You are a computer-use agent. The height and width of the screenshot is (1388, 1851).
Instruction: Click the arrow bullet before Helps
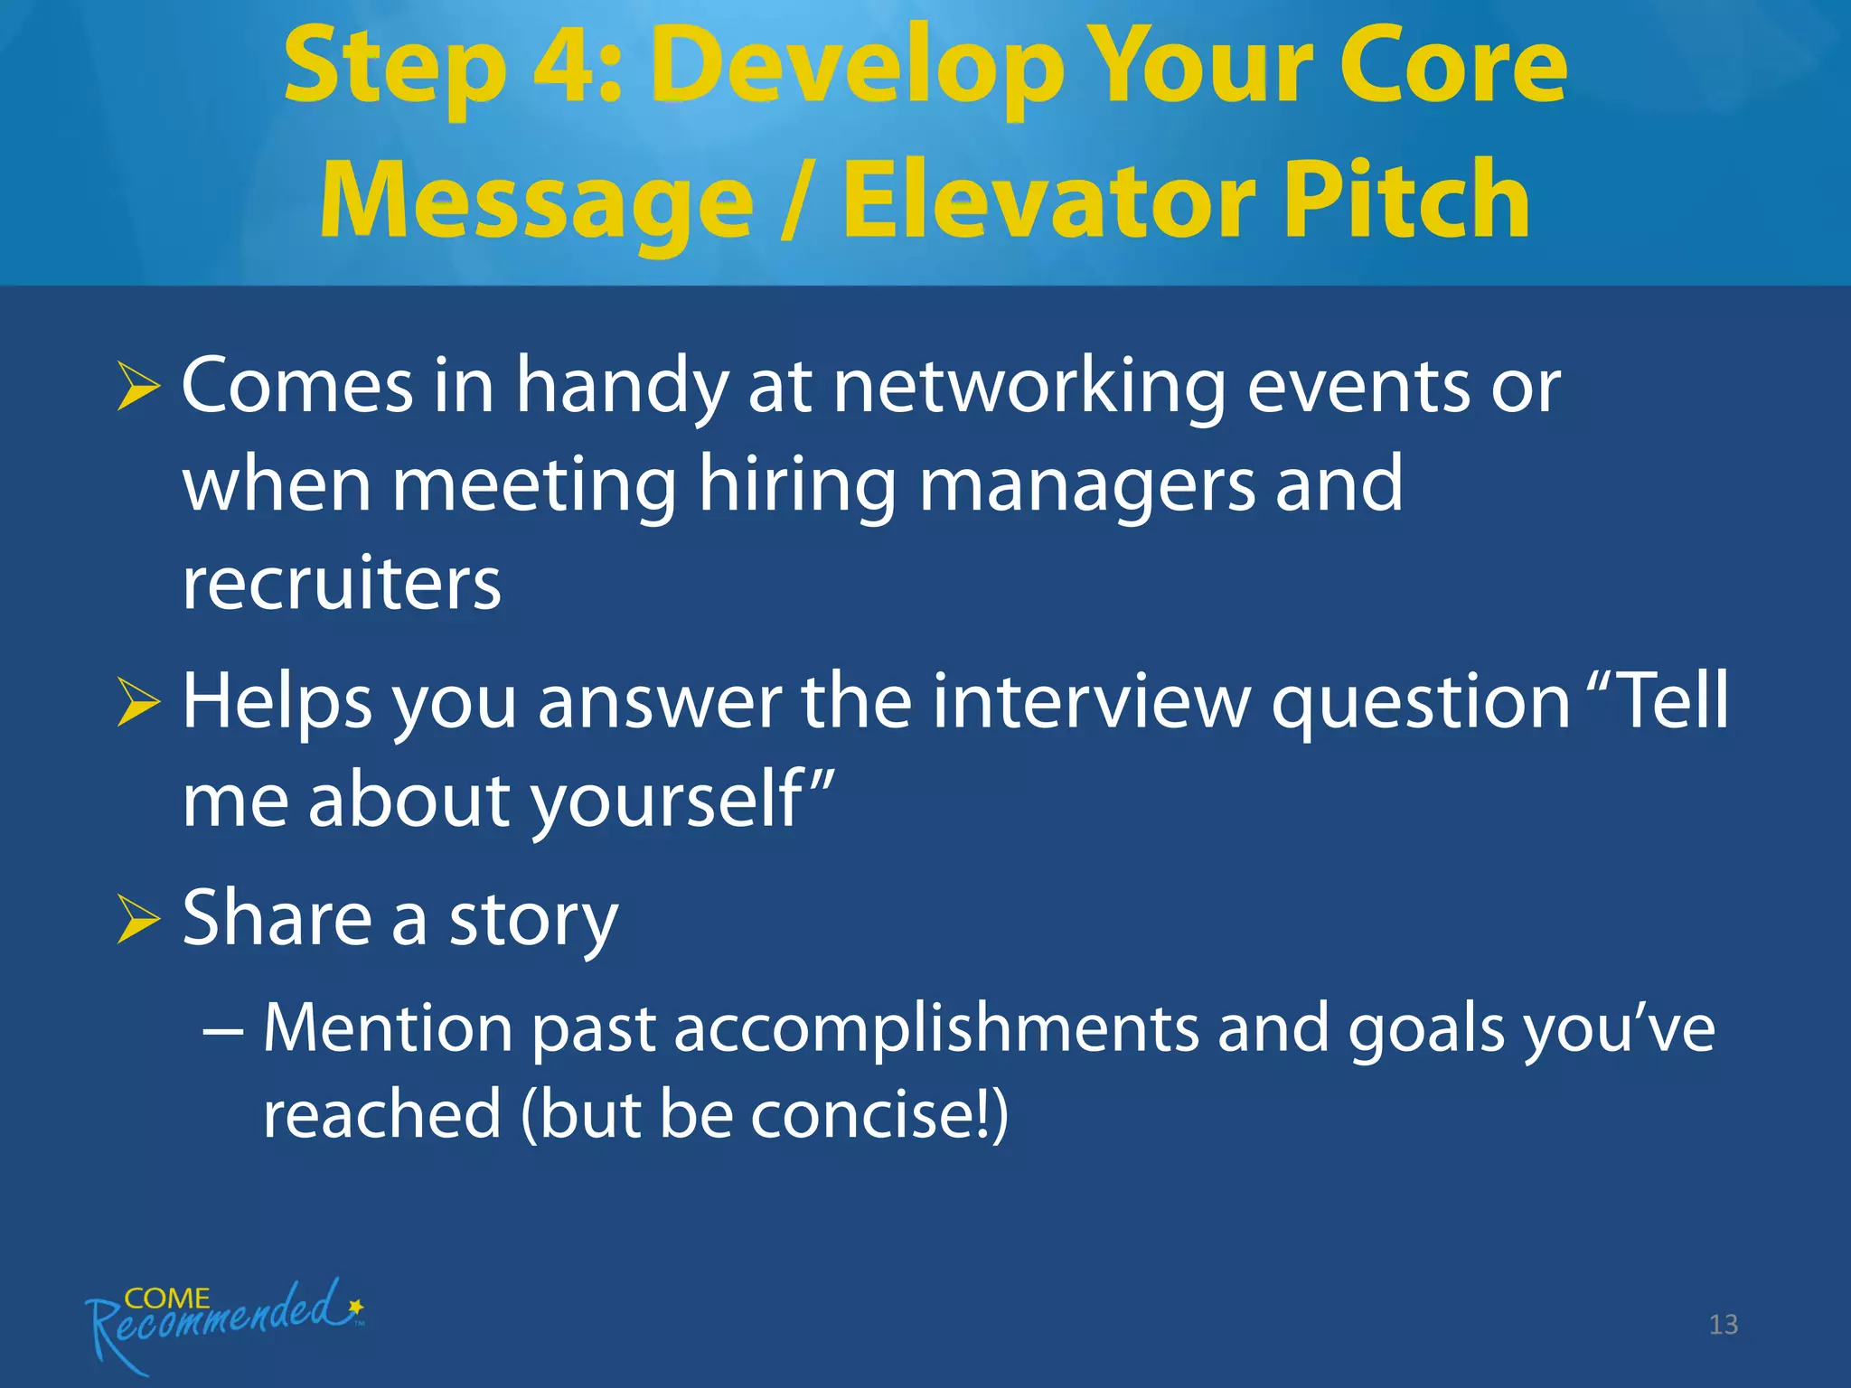[138, 704]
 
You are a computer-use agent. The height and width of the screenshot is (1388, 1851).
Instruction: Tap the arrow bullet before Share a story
[138, 921]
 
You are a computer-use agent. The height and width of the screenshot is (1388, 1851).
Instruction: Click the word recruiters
[342, 585]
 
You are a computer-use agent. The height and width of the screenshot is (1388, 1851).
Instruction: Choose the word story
[533, 921]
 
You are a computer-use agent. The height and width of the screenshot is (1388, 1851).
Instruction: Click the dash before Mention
[222, 1030]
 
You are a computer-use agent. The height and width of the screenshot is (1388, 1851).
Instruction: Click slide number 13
[1723, 1325]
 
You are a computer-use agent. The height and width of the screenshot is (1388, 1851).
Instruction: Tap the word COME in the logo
[166, 1299]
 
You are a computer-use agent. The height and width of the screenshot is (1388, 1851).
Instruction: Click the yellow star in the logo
[356, 1307]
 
